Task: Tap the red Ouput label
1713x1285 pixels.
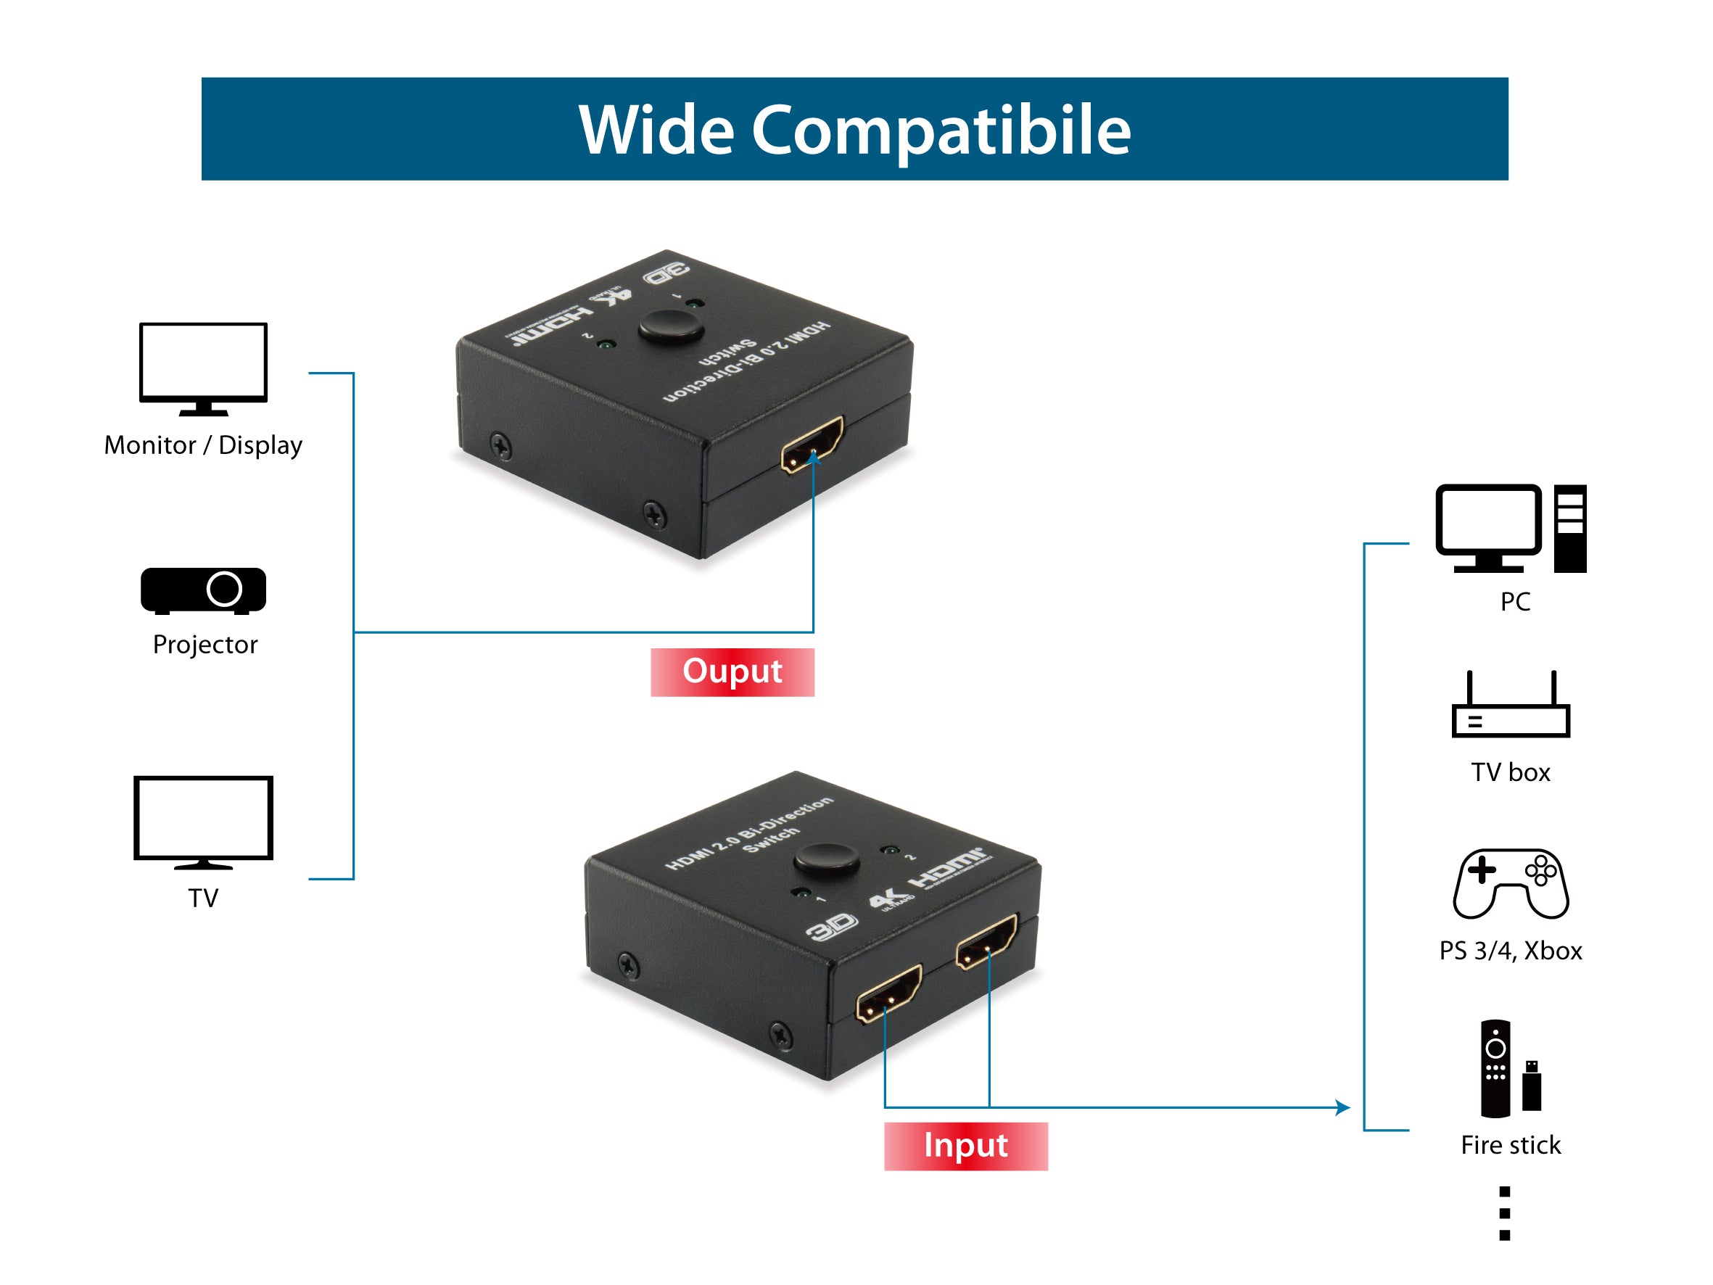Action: (732, 672)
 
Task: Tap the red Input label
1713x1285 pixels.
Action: (966, 1146)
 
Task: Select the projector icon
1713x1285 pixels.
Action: (203, 590)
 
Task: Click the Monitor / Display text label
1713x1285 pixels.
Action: (203, 445)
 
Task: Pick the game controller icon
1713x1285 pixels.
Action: (1510, 884)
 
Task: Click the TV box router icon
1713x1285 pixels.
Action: (1510, 706)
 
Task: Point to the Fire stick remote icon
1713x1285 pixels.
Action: (1495, 1068)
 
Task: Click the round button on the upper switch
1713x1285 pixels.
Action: (671, 327)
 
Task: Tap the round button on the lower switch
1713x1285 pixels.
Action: (826, 860)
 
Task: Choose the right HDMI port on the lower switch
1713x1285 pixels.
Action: (986, 941)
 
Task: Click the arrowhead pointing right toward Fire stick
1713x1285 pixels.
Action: (1343, 1107)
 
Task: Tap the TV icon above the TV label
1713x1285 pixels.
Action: (203, 819)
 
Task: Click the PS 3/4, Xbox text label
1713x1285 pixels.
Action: (1510, 951)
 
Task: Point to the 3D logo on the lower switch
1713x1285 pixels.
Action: (831, 925)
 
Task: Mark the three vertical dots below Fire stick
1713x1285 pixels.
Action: (1504, 1214)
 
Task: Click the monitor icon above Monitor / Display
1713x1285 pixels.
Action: (203, 366)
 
